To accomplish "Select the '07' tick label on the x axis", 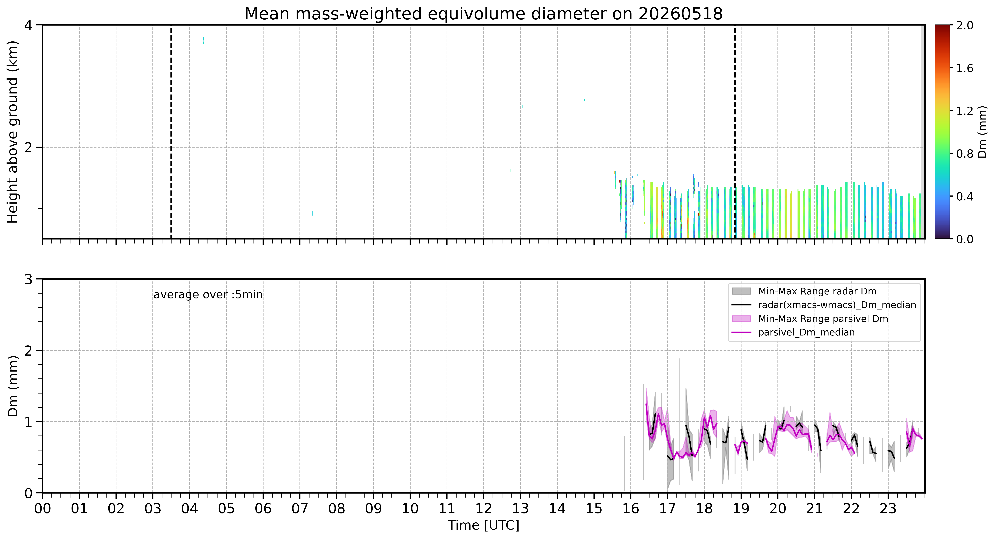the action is coord(300,509).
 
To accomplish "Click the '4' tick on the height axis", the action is coord(28,26).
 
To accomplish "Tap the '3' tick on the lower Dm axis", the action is coord(28,279).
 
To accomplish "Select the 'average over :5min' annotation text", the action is coord(208,295).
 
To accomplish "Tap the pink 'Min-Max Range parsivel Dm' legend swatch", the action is coord(741,319).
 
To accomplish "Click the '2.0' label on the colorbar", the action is coord(965,26).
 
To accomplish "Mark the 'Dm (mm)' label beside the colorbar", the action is coord(983,132).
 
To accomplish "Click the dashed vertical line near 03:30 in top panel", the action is coord(171,132).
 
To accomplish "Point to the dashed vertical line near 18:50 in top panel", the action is coord(735,132).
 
